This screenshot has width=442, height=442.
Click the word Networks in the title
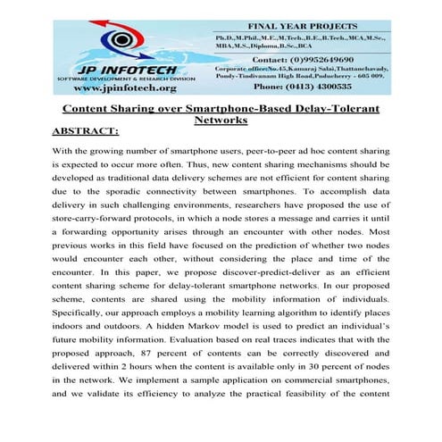click(221, 121)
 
